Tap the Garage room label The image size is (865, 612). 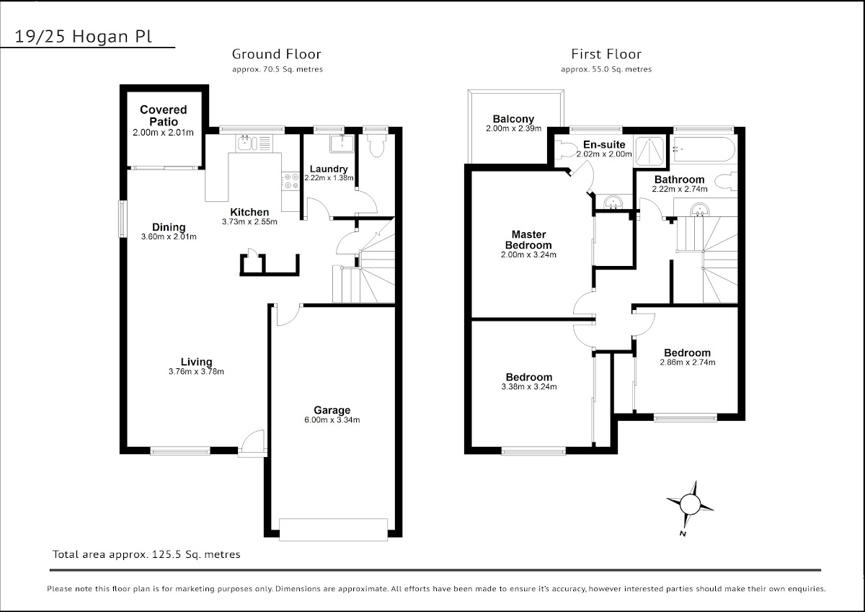(x=332, y=410)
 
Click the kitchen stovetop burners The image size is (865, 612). (x=290, y=181)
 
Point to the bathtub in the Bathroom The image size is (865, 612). (x=704, y=148)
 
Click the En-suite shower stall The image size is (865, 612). (x=650, y=151)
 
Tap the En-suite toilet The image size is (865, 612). (x=565, y=149)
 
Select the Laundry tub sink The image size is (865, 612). (x=342, y=143)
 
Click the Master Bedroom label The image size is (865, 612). (x=528, y=240)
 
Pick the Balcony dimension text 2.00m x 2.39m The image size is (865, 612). (x=513, y=128)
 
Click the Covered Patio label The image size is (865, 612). (x=164, y=115)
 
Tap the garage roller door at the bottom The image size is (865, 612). (x=333, y=530)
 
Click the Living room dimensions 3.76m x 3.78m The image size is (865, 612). (x=196, y=371)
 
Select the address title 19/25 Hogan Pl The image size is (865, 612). (x=84, y=37)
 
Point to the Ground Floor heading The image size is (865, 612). (x=277, y=54)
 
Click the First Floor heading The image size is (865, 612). (x=606, y=54)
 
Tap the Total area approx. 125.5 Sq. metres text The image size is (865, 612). (x=146, y=554)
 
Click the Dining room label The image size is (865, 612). (x=169, y=227)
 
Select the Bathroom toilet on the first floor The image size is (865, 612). (x=725, y=181)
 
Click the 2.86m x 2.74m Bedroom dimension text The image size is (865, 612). (x=688, y=362)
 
